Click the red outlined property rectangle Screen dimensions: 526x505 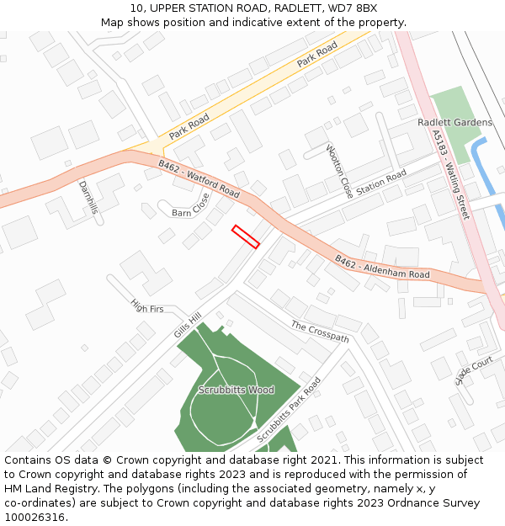pyautogui.click(x=245, y=236)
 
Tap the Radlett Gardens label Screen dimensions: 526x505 pyautogui.click(x=454, y=123)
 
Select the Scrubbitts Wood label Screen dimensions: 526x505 pyautogui.click(x=237, y=391)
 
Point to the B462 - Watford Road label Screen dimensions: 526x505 pyautogui.click(x=199, y=179)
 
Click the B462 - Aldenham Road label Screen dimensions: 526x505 pyautogui.click(x=382, y=268)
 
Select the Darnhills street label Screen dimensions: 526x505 pyautogui.click(x=88, y=197)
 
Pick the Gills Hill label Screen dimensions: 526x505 pyautogui.click(x=188, y=324)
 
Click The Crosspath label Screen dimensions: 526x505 pyautogui.click(x=320, y=331)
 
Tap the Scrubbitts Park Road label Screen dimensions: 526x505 pyautogui.click(x=289, y=410)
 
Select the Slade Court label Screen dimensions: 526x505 pyautogui.click(x=474, y=370)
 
